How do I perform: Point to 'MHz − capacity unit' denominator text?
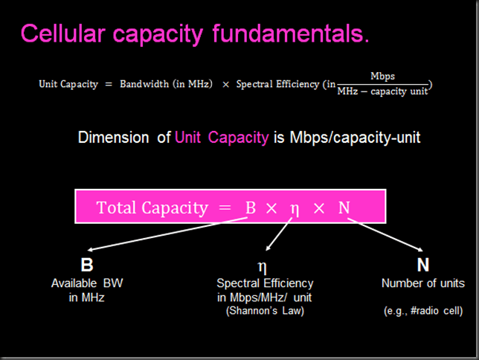coord(383,91)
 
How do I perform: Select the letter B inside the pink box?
coord(250,207)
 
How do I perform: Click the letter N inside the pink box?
coord(344,207)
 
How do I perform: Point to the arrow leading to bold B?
coord(164,237)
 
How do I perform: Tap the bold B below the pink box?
coord(87,266)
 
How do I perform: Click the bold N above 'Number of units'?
coord(423,266)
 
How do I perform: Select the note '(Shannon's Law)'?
coord(265,310)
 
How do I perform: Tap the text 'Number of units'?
coord(423,283)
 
